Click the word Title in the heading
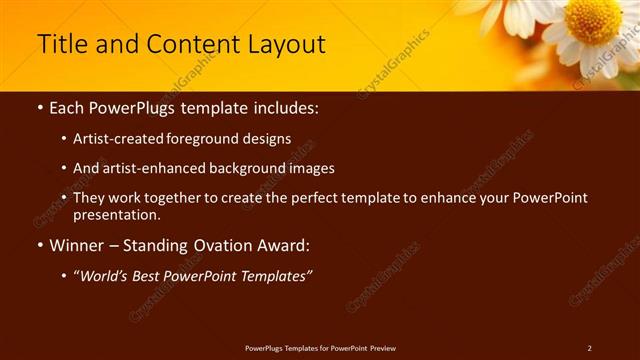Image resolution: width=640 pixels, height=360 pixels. tap(60, 45)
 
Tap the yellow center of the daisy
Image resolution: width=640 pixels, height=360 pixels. tap(592, 21)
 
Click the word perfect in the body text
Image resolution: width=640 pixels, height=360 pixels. tap(302, 198)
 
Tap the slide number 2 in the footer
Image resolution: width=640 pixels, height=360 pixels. tap(589, 348)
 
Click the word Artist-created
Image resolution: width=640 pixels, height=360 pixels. tap(114, 139)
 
